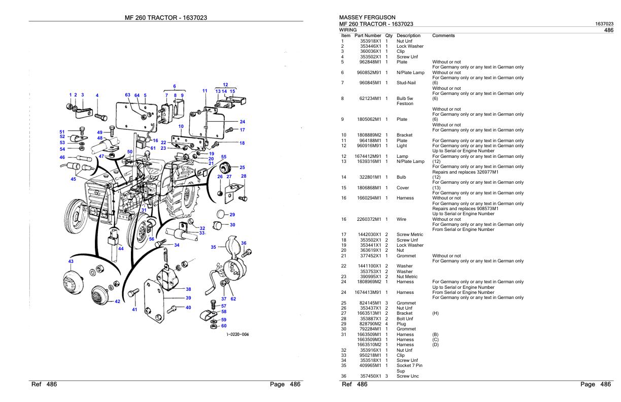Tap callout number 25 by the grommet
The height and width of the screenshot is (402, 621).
pyautogui.click(x=242, y=167)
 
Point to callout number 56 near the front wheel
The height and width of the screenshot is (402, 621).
pyautogui.click(x=151, y=239)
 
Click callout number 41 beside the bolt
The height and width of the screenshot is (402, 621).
pyautogui.click(x=134, y=309)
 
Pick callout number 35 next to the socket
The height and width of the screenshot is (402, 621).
pyautogui.click(x=214, y=247)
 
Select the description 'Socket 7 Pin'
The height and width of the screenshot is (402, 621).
pyautogui.click(x=409, y=366)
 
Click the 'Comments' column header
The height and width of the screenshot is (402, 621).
pyautogui.click(x=443, y=36)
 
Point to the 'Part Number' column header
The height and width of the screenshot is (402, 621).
pyautogui.click(x=368, y=36)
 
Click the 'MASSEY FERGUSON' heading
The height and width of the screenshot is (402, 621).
pyautogui.click(x=367, y=17)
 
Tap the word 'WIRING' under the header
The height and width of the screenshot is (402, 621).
pyautogui.click(x=349, y=30)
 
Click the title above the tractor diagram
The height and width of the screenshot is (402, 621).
pyautogui.click(x=165, y=18)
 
